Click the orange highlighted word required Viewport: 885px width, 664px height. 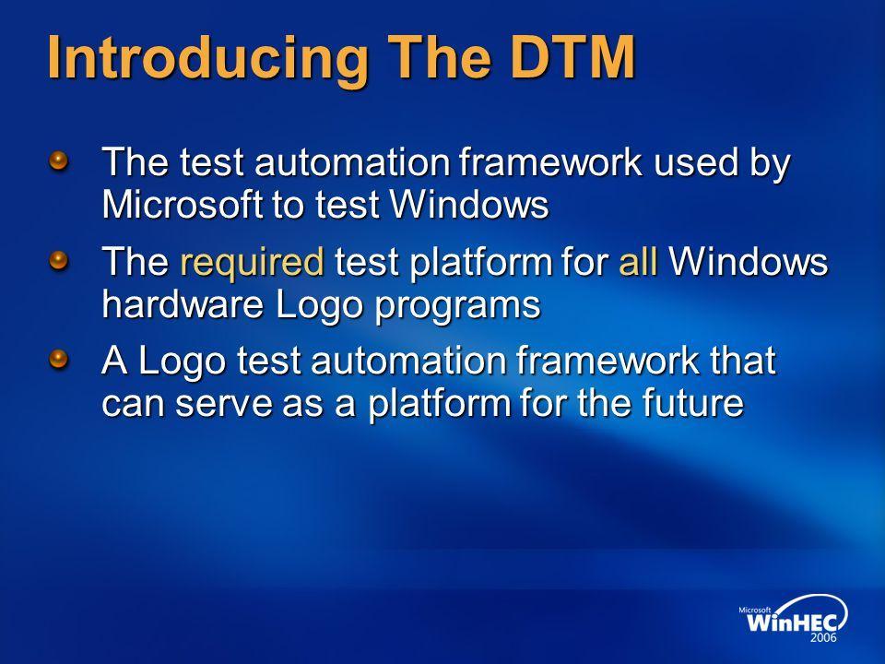click(253, 265)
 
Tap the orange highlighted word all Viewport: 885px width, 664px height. click(638, 265)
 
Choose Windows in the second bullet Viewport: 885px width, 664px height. click(749, 265)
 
